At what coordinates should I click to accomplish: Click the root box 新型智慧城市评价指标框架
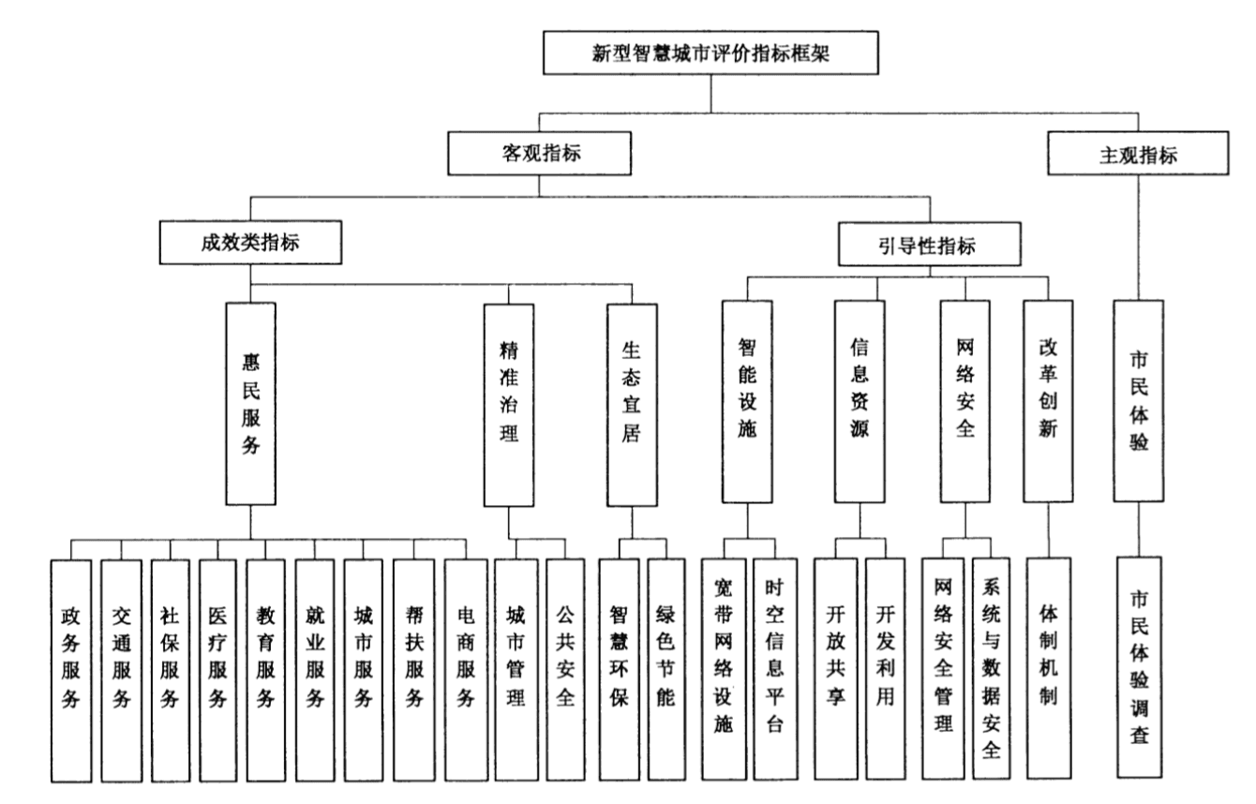pos(711,53)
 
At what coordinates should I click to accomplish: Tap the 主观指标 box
pos(1138,153)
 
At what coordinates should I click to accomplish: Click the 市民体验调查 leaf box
pos(1140,667)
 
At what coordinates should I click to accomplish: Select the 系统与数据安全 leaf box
pos(992,667)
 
